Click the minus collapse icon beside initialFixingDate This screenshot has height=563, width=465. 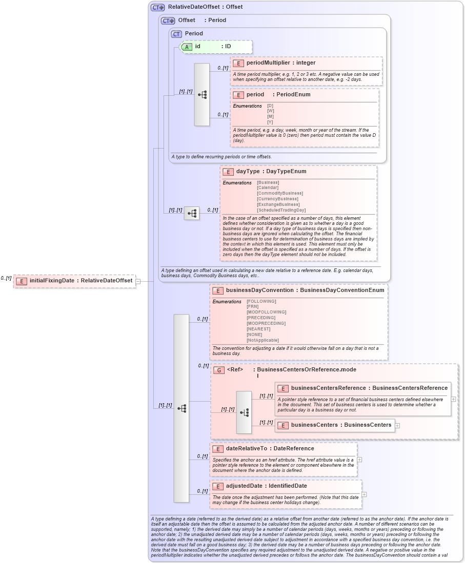click(138, 281)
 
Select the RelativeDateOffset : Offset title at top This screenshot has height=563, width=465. click(205, 7)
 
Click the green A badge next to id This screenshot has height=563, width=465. click(187, 47)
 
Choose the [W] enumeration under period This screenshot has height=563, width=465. click(271, 111)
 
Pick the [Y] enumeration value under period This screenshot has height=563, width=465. click(271, 122)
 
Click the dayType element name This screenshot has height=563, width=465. click(248, 172)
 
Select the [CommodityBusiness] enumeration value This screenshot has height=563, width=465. click(280, 193)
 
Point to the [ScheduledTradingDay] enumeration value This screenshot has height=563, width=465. click(281, 210)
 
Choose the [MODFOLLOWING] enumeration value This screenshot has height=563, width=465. click(267, 312)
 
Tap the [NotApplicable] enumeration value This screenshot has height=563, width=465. click(262, 340)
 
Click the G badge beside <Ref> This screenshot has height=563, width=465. click(219, 370)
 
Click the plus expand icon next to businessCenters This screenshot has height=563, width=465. click(397, 426)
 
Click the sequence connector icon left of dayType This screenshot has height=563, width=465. click(191, 214)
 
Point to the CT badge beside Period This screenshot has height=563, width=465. click(176, 34)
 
